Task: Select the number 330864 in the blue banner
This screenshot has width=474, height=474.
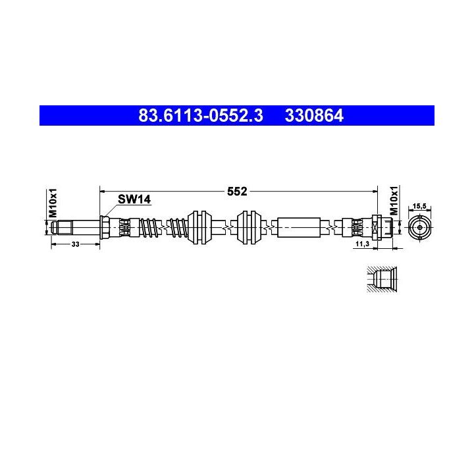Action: point(314,116)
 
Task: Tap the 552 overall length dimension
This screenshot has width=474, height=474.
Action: point(237,192)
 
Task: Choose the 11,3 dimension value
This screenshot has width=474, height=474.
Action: point(361,244)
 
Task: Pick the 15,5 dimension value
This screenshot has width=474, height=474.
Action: point(418,207)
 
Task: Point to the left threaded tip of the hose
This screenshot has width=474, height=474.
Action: point(61,228)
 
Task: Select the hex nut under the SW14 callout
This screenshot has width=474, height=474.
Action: point(104,228)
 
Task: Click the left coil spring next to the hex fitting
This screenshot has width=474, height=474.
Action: point(151,228)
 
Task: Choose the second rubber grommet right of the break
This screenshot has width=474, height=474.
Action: point(249,228)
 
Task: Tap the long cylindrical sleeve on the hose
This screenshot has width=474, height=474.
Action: point(300,228)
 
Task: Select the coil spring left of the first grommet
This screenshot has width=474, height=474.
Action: point(178,228)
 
